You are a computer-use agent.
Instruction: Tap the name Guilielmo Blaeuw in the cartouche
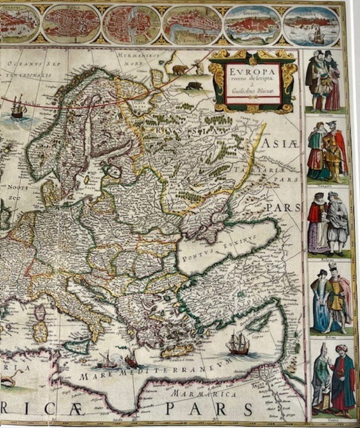(253, 90)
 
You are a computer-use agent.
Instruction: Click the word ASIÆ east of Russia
(283, 146)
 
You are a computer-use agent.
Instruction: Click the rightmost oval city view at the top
(311, 26)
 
